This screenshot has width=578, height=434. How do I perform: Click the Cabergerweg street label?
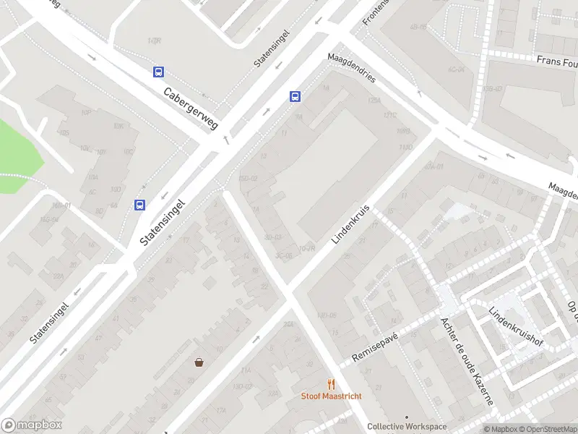click(x=191, y=109)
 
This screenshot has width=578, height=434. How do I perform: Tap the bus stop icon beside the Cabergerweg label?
click(x=158, y=72)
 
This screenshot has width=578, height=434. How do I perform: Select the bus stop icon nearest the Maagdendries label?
click(x=296, y=96)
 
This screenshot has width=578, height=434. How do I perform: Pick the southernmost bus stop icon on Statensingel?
click(x=139, y=205)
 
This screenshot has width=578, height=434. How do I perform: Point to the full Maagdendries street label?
click(x=351, y=69)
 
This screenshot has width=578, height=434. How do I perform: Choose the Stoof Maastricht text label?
click(x=332, y=396)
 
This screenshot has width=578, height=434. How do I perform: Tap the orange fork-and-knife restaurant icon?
click(x=332, y=384)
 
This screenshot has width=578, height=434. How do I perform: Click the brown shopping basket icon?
click(x=199, y=362)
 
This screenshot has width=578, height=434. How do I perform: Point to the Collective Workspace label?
click(x=407, y=427)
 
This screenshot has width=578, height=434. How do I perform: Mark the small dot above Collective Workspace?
click(x=407, y=417)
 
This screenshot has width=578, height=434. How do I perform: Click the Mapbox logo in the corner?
click(x=32, y=425)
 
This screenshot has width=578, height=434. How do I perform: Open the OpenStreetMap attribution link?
click(x=546, y=429)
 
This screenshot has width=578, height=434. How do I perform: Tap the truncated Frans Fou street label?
click(x=557, y=62)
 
